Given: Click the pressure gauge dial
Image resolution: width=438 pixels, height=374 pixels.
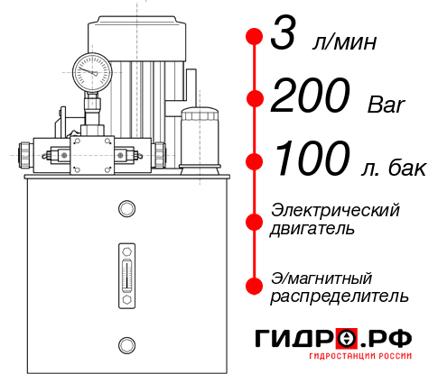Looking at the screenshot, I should [x=92, y=69].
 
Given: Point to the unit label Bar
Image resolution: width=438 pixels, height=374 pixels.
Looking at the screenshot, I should [x=387, y=105].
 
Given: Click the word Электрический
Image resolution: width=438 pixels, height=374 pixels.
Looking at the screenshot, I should [x=335, y=210].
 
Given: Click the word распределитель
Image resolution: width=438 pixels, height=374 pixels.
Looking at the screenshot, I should [x=340, y=296].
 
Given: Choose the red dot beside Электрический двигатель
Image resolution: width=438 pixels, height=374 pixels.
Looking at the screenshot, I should [x=255, y=220].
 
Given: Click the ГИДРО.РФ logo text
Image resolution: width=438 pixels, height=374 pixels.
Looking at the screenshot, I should [x=333, y=338].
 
